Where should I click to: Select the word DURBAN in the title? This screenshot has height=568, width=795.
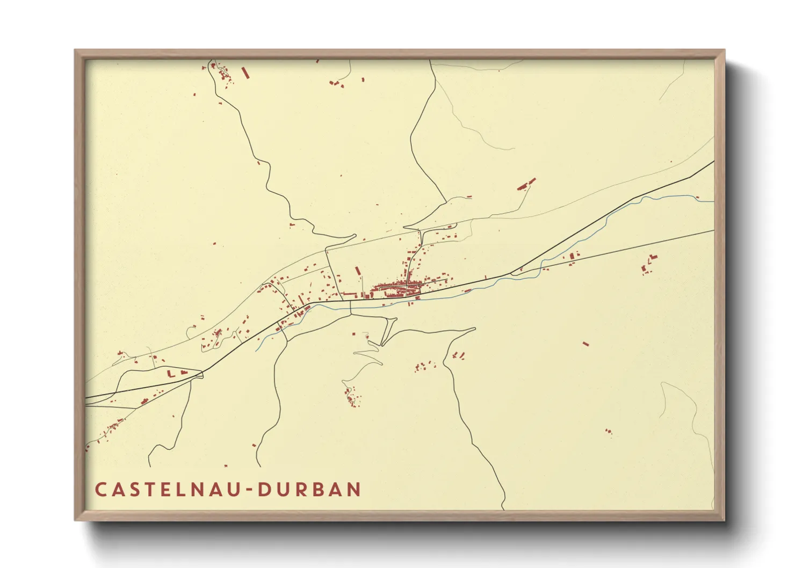pyautogui.click(x=310, y=490)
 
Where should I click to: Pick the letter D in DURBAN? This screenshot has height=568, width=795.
pyautogui.click(x=265, y=490)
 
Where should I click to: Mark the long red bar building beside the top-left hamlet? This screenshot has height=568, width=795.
pyautogui.click(x=245, y=72)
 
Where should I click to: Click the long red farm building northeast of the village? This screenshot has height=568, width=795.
pyautogui.click(x=526, y=184)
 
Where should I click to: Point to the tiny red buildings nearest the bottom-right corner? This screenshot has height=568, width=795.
pyautogui.click(x=608, y=431)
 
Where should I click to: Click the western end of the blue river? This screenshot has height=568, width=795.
pyautogui.click(x=256, y=350)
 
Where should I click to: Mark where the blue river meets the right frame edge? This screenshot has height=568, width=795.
pyautogui.click(x=713, y=202)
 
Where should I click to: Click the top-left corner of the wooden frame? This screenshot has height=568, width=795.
pyautogui.click(x=75, y=50)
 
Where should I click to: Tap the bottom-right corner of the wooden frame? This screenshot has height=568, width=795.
pyautogui.click(x=724, y=520)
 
